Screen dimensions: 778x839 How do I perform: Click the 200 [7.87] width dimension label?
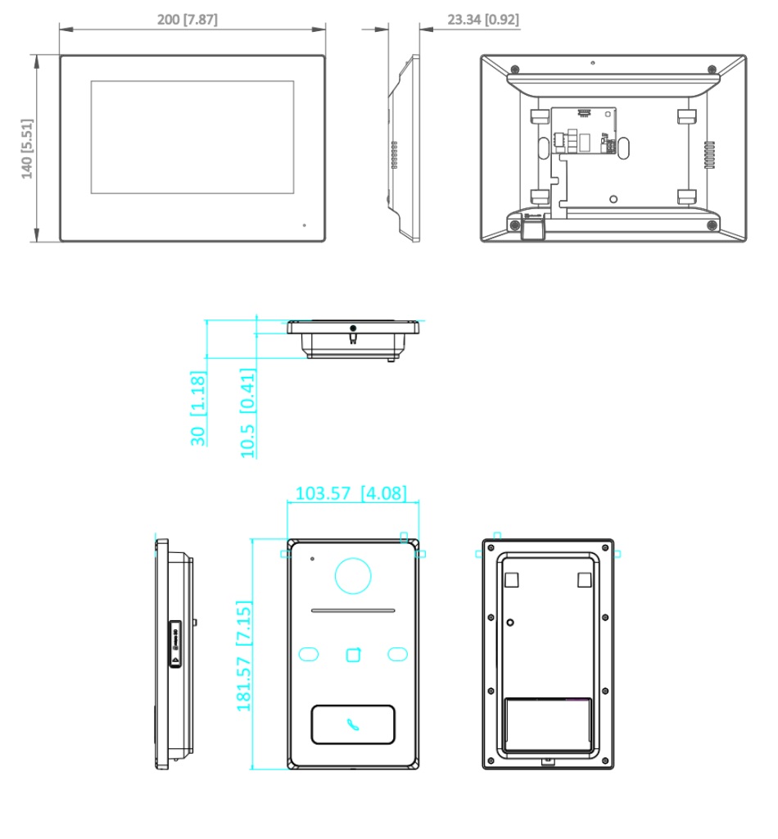pyautogui.click(x=188, y=20)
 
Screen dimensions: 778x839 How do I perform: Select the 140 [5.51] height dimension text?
pyautogui.click(x=27, y=149)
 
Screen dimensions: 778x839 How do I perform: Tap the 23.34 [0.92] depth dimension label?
pyautogui.click(x=483, y=20)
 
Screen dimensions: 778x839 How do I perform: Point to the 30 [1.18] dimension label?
pyautogui.click(x=198, y=408)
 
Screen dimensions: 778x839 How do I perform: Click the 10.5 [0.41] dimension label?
pyautogui.click(x=247, y=413)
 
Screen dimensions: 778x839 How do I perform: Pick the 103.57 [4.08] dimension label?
pyautogui.click(x=351, y=492)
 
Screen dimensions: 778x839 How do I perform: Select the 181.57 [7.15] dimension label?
pyautogui.click(x=244, y=655)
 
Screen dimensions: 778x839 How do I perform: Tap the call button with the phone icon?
pyautogui.click(x=353, y=724)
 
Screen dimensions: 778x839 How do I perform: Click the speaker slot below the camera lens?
pyautogui.click(x=353, y=610)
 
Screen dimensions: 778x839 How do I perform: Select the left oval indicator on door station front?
pyautogui.click(x=309, y=654)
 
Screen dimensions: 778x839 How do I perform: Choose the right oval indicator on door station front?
pyautogui.click(x=397, y=654)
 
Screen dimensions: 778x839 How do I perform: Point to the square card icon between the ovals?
pyautogui.click(x=354, y=655)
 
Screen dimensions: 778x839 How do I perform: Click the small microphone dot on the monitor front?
pyautogui.click(x=305, y=225)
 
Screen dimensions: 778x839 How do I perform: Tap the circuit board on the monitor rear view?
pyautogui.click(x=584, y=130)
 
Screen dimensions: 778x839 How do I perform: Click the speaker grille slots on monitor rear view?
pyautogui.click(x=709, y=155)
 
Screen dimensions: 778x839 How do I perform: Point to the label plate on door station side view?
pyautogui.click(x=175, y=644)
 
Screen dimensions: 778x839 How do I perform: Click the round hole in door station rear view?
pyautogui.click(x=510, y=623)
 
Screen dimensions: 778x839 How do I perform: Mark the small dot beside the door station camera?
pyautogui.click(x=312, y=559)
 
